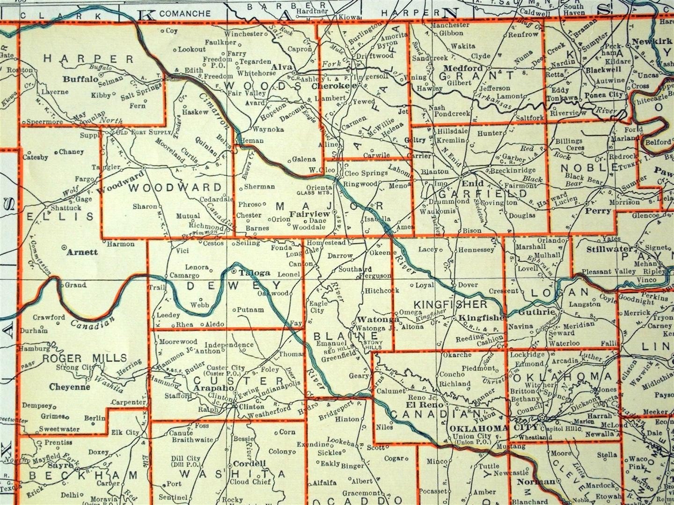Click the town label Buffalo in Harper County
[81, 79]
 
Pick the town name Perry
[598, 211]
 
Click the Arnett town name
[82, 252]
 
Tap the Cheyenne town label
[69, 387]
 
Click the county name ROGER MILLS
[85, 358]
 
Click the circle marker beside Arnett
[64, 246]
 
